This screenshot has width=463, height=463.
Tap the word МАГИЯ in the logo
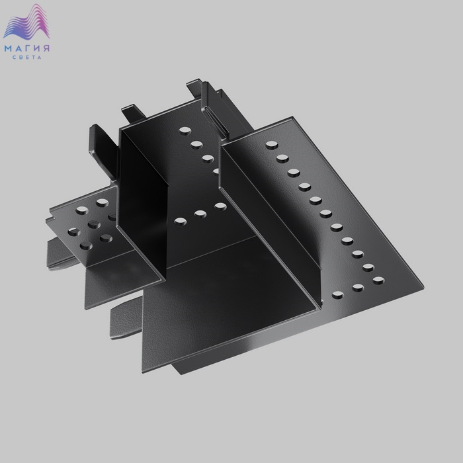point(27,48)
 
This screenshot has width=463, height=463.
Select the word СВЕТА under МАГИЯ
point(27,58)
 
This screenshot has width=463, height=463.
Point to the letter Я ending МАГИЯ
point(46,48)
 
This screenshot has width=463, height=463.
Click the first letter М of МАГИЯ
point(8,49)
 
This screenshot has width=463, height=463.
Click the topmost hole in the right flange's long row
point(272,145)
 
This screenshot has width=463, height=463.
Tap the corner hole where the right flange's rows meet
point(378,280)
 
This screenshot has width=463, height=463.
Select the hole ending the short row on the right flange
point(338,294)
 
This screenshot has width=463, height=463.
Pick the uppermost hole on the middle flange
point(185,130)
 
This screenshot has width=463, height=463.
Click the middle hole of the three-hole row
point(200,214)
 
